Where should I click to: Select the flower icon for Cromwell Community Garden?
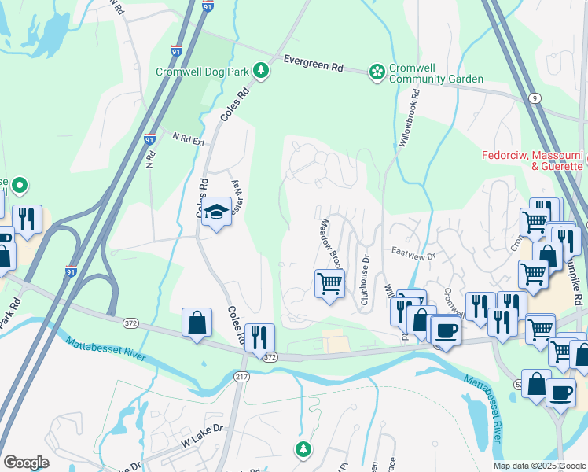click(378, 72)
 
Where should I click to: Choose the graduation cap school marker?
click(215, 212)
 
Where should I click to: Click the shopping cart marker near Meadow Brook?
click(329, 282)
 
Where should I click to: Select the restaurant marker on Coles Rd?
click(259, 337)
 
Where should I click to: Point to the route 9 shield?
click(535, 98)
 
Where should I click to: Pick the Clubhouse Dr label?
click(364, 280)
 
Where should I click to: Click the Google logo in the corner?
click(26, 462)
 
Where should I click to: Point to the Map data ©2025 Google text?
click(539, 466)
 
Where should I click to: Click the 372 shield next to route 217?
click(270, 356)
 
